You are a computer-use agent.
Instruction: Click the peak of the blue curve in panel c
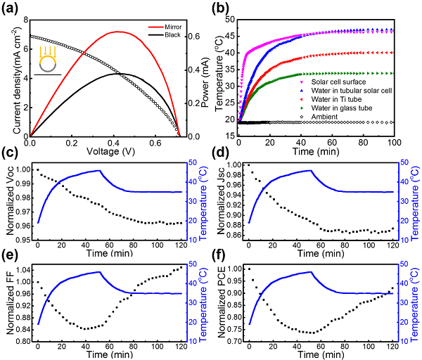pyautogui.click(x=100, y=170)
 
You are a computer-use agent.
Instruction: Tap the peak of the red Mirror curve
pyautogui.click(x=115, y=31)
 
